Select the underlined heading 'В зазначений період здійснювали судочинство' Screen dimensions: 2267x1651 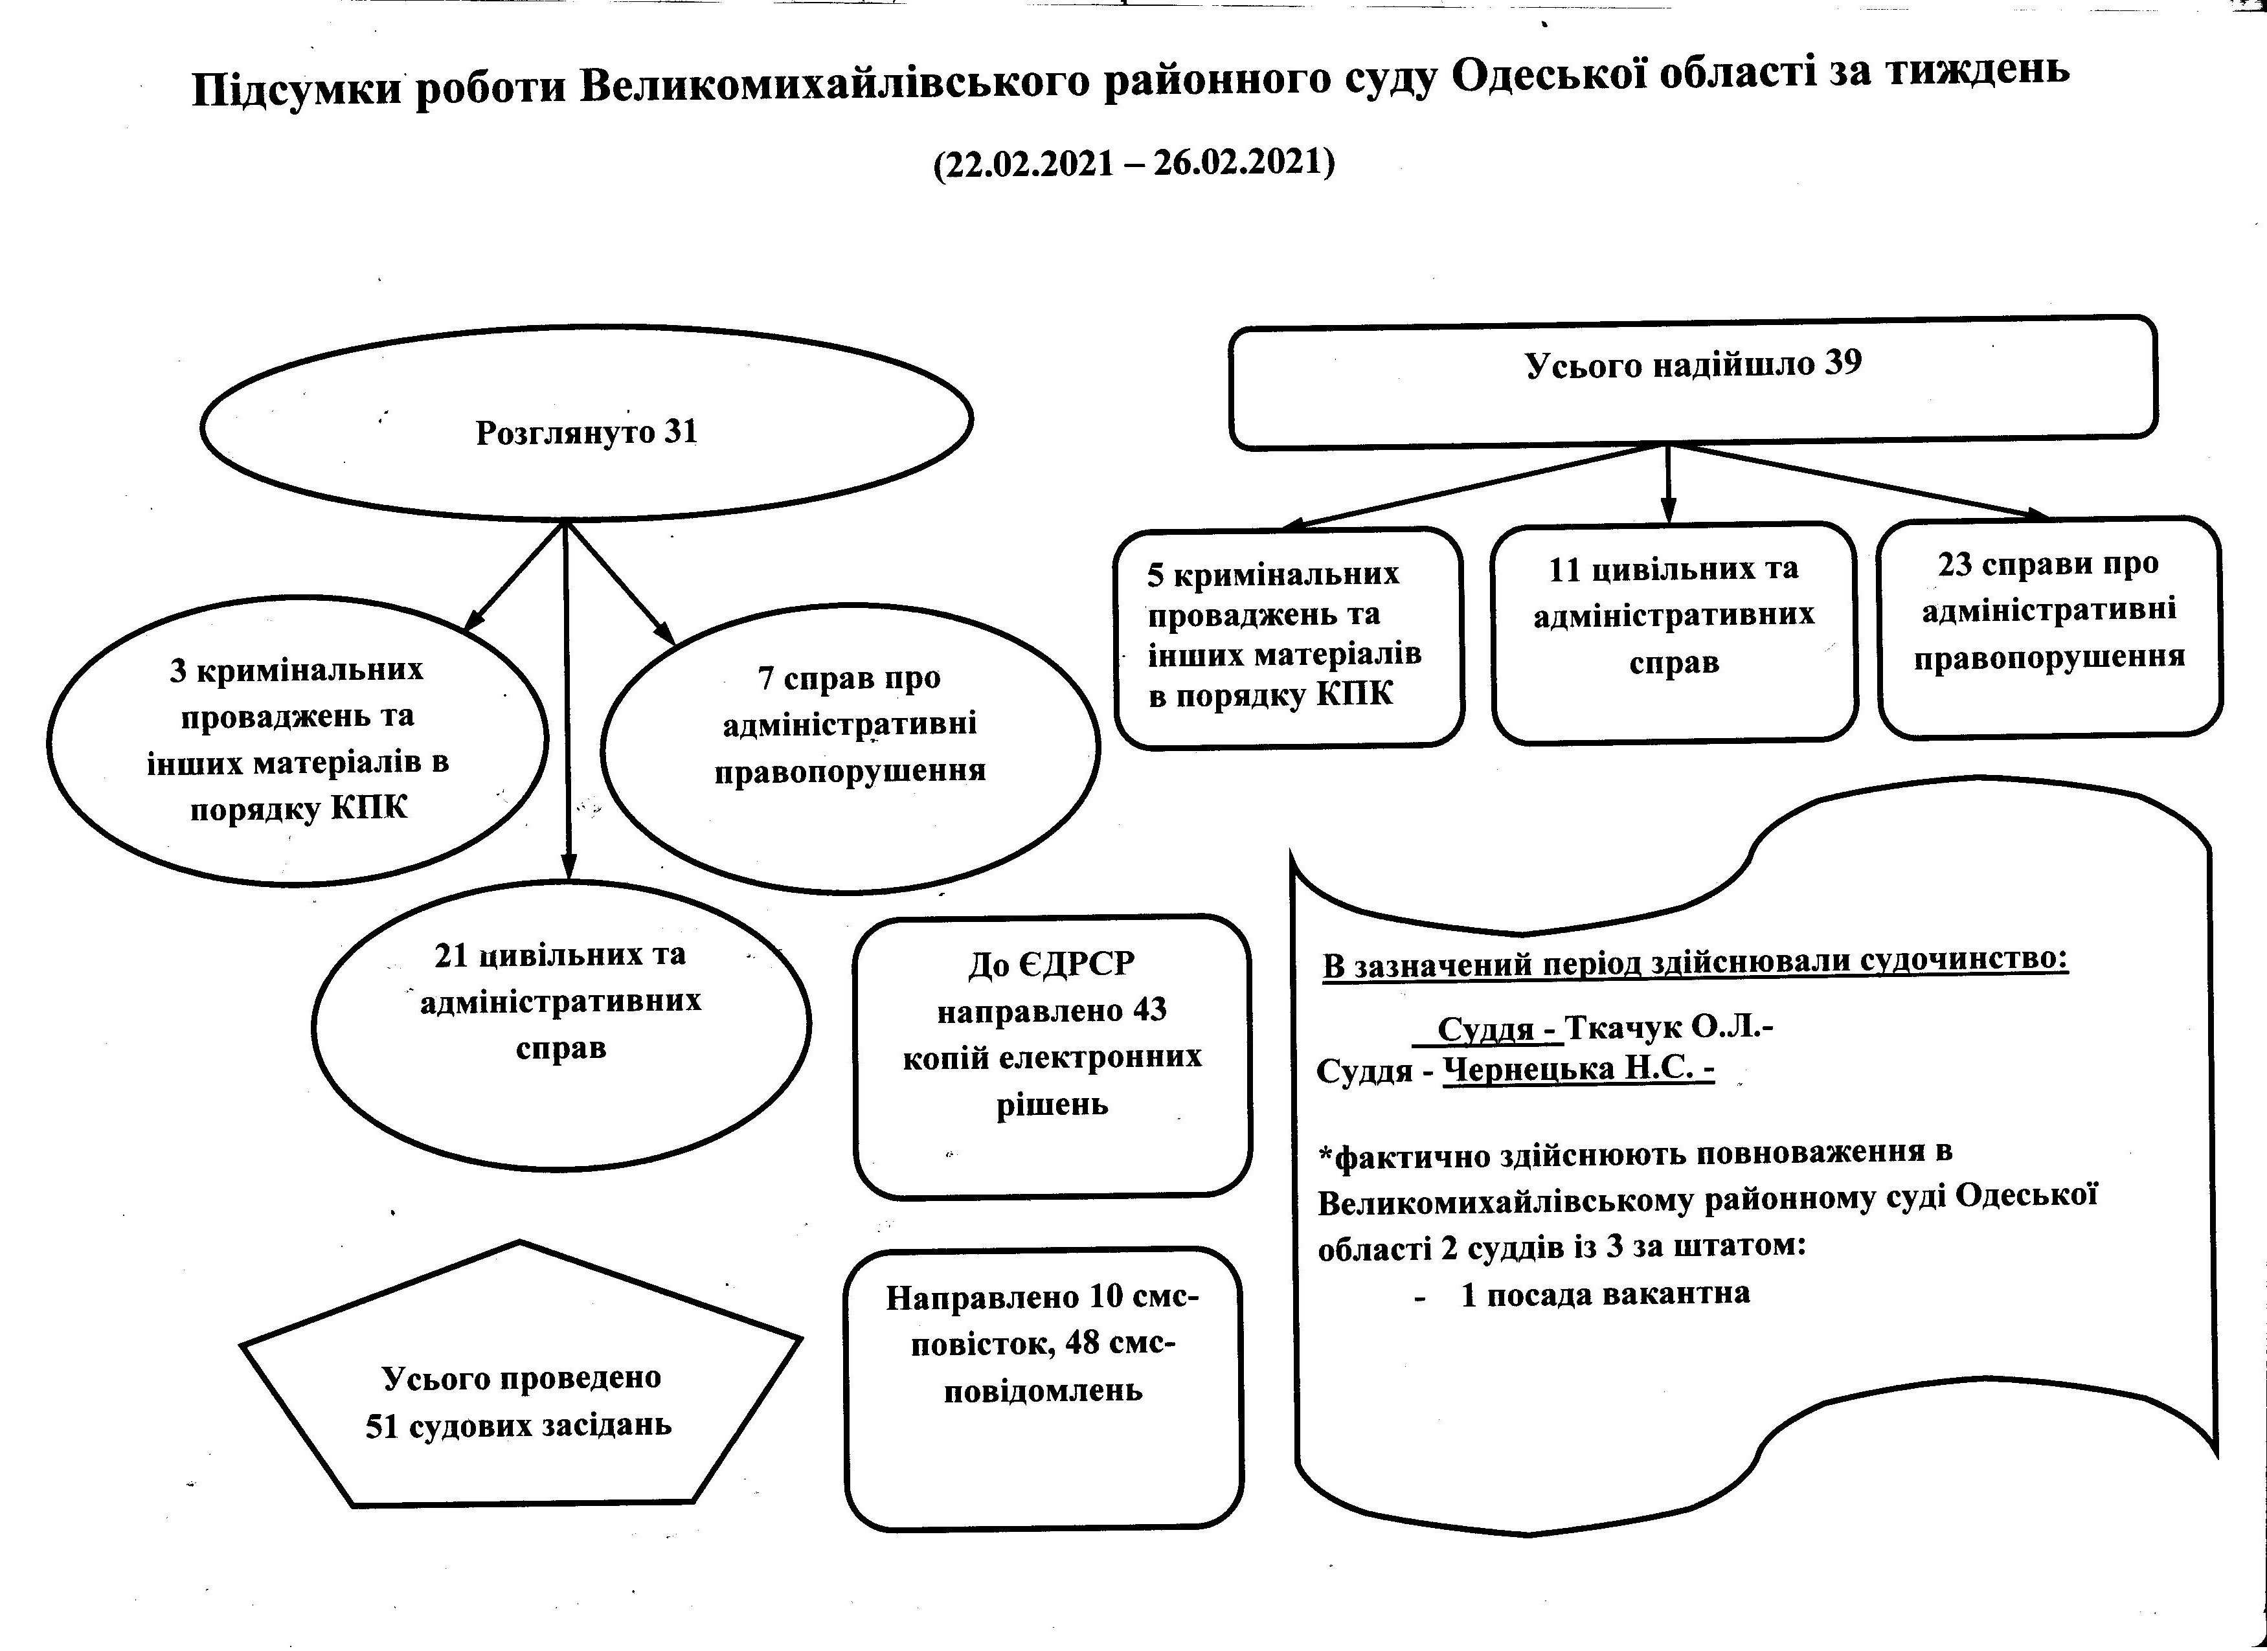pyautogui.click(x=1695, y=962)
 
